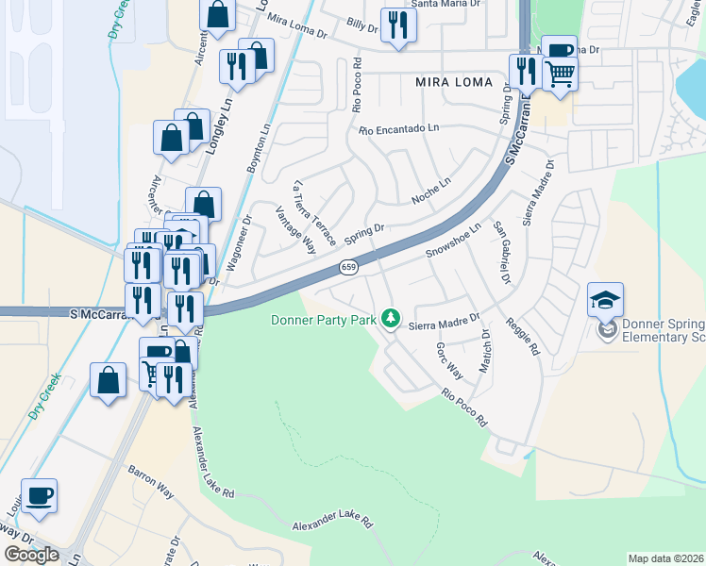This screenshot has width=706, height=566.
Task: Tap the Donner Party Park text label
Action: (x=324, y=320)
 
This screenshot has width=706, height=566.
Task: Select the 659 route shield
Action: (x=349, y=268)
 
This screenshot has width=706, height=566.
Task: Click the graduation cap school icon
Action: (x=605, y=300)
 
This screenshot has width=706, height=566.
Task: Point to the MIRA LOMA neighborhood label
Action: (x=454, y=82)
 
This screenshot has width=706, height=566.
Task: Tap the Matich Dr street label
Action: (x=485, y=351)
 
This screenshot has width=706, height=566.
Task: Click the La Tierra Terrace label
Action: (x=315, y=213)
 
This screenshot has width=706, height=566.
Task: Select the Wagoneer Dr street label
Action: (x=240, y=243)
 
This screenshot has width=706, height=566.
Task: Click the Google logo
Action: (x=31, y=555)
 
